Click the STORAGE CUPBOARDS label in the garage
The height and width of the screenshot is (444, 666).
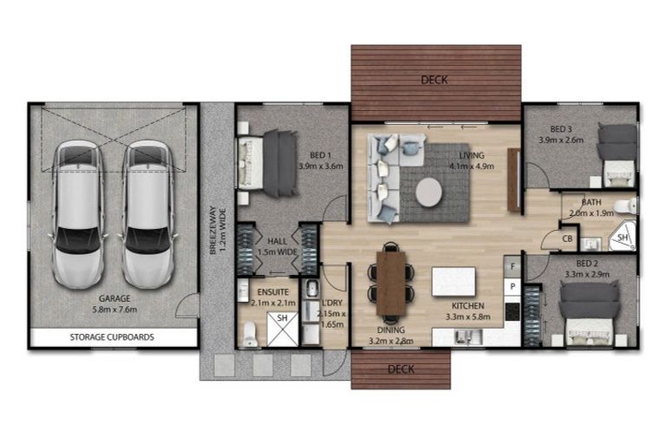tap(112, 337)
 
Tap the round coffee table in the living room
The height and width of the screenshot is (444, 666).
tap(429, 193)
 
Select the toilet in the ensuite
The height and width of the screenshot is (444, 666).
tap(251, 334)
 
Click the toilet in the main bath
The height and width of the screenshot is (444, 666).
tap(626, 206)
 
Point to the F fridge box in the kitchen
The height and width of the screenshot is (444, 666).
tap(513, 266)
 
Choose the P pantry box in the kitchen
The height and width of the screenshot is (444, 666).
tap(513, 287)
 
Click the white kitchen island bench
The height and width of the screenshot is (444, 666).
tap(454, 281)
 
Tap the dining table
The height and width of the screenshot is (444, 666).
tap(391, 283)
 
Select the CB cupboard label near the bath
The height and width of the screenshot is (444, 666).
tap(567, 238)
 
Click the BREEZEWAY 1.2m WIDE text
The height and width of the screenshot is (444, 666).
tap(217, 231)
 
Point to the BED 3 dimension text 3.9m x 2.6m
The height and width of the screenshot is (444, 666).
tap(561, 140)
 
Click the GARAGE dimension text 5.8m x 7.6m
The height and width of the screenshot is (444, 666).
tap(114, 310)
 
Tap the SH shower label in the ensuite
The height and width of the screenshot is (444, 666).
tap(282, 317)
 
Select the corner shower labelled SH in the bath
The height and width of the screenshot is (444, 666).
tap(624, 237)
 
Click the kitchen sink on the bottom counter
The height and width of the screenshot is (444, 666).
tap(468, 337)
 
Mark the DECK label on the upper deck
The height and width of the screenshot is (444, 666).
tap(434, 80)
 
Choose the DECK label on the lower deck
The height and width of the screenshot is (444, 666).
tap(401, 369)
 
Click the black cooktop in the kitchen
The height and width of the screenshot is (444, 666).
tap(513, 311)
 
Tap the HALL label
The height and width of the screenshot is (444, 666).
tap(277, 241)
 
